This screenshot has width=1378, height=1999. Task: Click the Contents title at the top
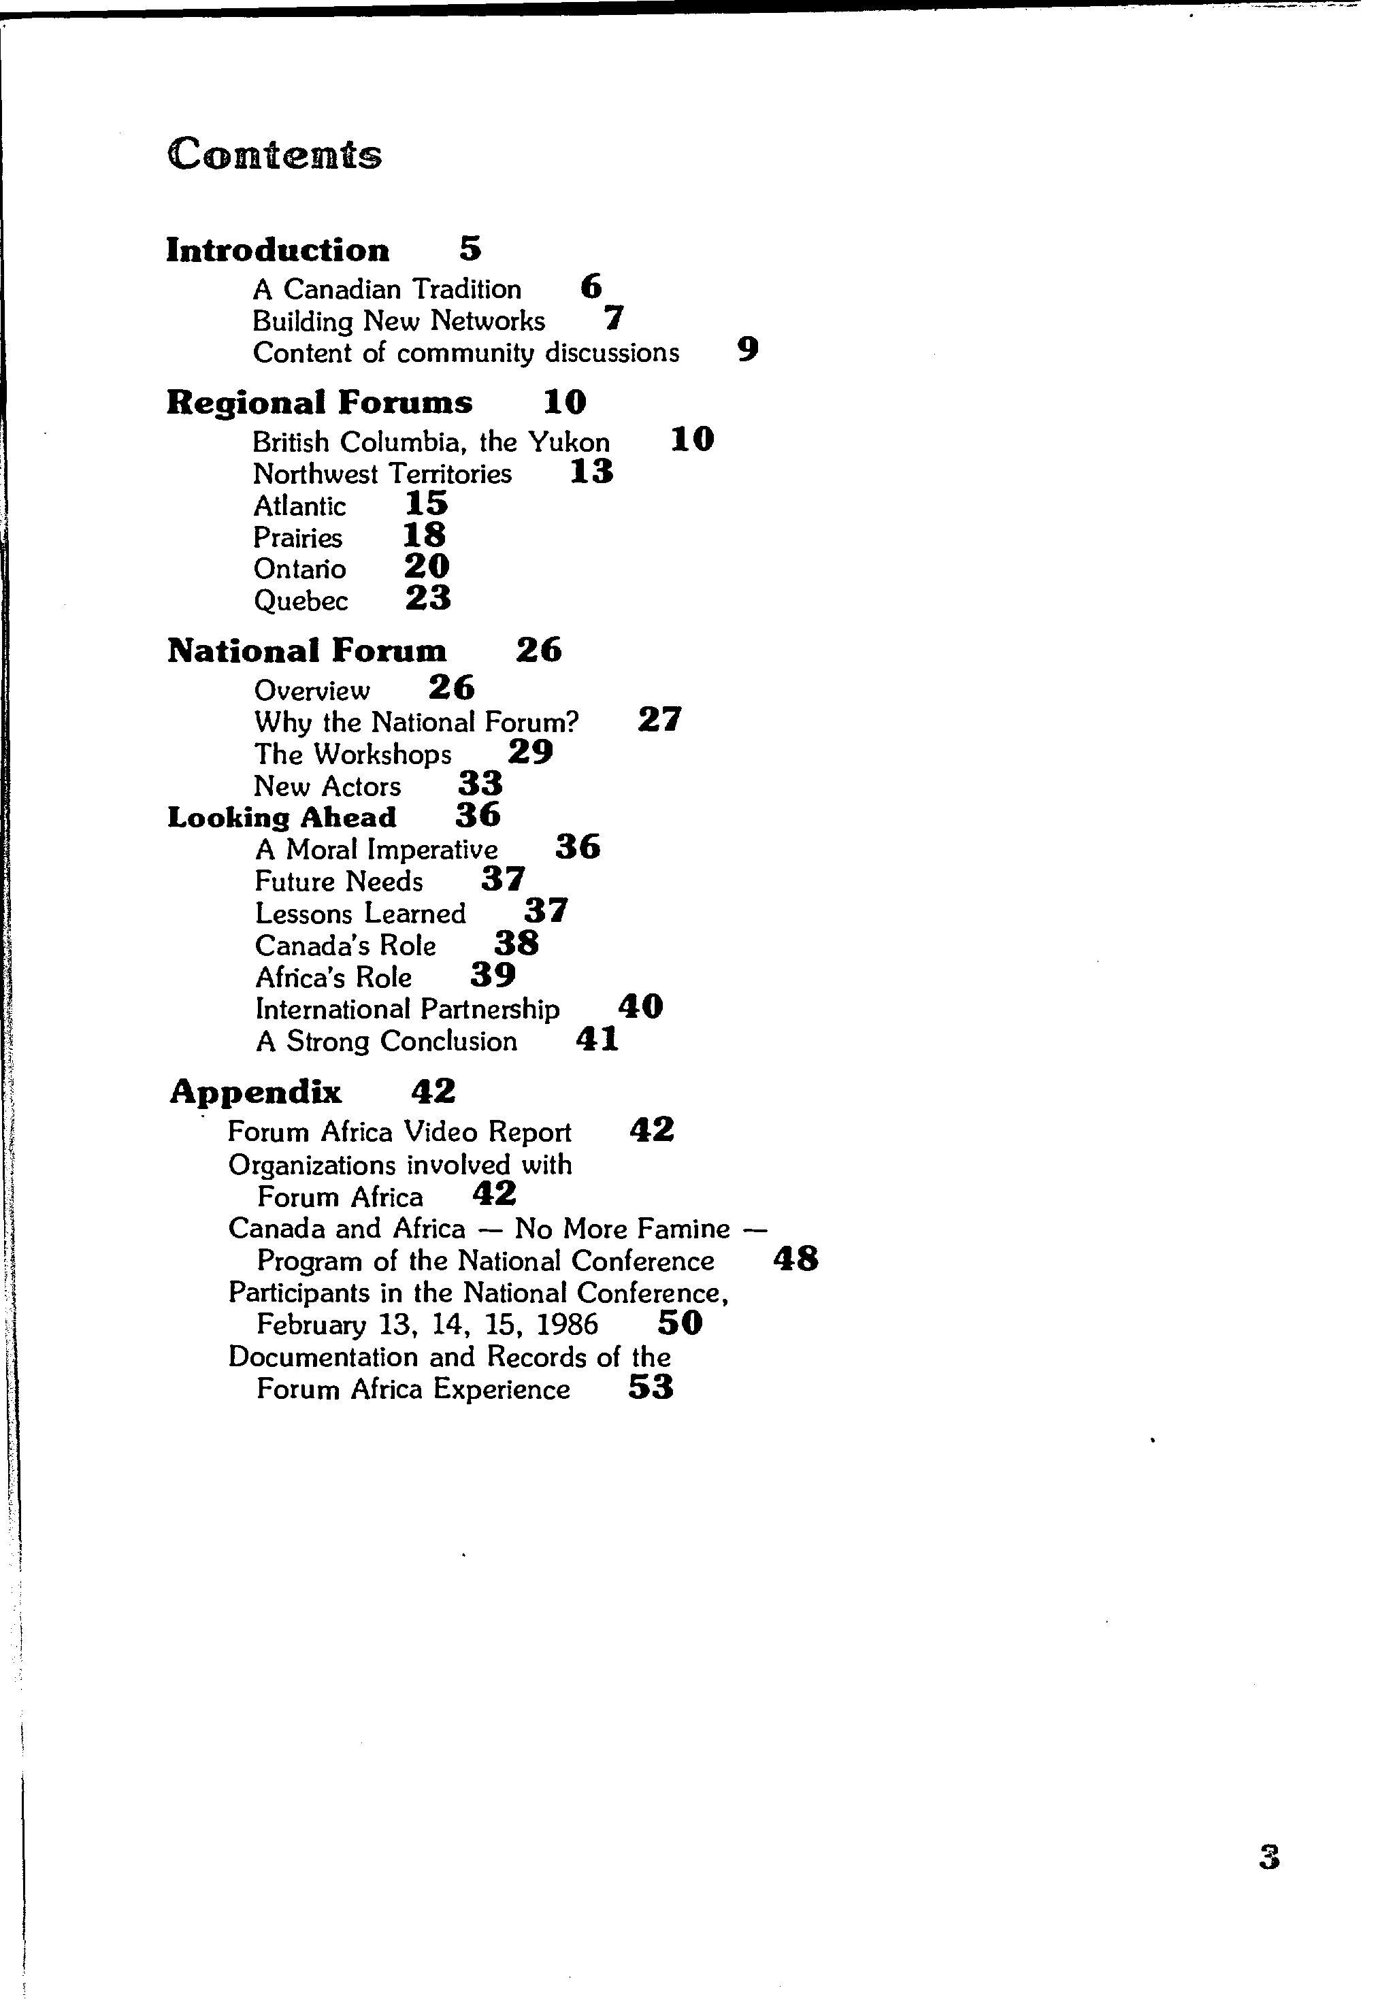274,154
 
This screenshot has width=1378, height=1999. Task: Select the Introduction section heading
277,250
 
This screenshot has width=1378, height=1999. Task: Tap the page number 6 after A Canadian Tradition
591,286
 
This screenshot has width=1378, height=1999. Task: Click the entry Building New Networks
399,321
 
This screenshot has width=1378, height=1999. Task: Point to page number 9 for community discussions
748,350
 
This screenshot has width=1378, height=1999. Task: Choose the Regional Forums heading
319,403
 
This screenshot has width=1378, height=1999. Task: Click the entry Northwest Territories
382,474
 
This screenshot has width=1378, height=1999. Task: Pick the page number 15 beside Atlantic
427,503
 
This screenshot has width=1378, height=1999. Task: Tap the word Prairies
298,538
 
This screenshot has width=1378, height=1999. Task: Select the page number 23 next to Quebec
428,598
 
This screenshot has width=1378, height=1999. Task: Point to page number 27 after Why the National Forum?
659,719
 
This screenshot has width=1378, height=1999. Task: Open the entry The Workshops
353,755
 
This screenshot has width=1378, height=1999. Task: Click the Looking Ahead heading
282,817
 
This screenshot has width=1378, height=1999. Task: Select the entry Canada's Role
346,946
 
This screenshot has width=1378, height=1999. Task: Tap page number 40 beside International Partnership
640,1006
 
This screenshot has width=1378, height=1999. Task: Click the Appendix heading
256,1093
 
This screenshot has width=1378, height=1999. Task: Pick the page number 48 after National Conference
795,1259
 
